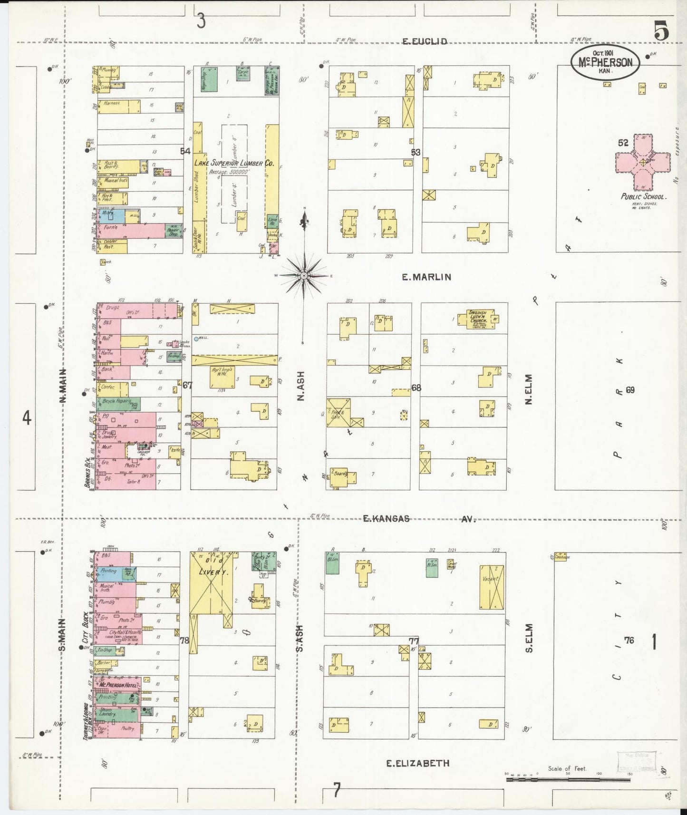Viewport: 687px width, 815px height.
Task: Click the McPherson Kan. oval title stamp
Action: tap(605, 62)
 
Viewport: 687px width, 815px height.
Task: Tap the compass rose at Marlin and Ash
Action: tap(303, 275)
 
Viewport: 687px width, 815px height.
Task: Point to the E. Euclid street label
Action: tap(425, 41)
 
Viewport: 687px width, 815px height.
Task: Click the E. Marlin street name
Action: tap(426, 277)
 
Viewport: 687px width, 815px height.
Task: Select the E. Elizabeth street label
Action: tap(417, 763)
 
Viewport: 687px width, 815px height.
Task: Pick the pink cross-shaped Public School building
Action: tap(643, 163)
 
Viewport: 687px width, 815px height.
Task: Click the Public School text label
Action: tap(643, 196)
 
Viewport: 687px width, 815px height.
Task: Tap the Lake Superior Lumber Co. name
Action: tap(234, 163)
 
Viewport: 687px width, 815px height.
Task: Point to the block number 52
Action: tap(623, 143)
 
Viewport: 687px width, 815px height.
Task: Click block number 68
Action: tap(416, 388)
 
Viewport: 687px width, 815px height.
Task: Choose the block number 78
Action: tap(184, 640)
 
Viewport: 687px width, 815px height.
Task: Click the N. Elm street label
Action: tap(528, 389)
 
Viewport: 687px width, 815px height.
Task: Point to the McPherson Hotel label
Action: tap(118, 685)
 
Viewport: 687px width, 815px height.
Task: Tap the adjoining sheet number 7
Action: tap(337, 791)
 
